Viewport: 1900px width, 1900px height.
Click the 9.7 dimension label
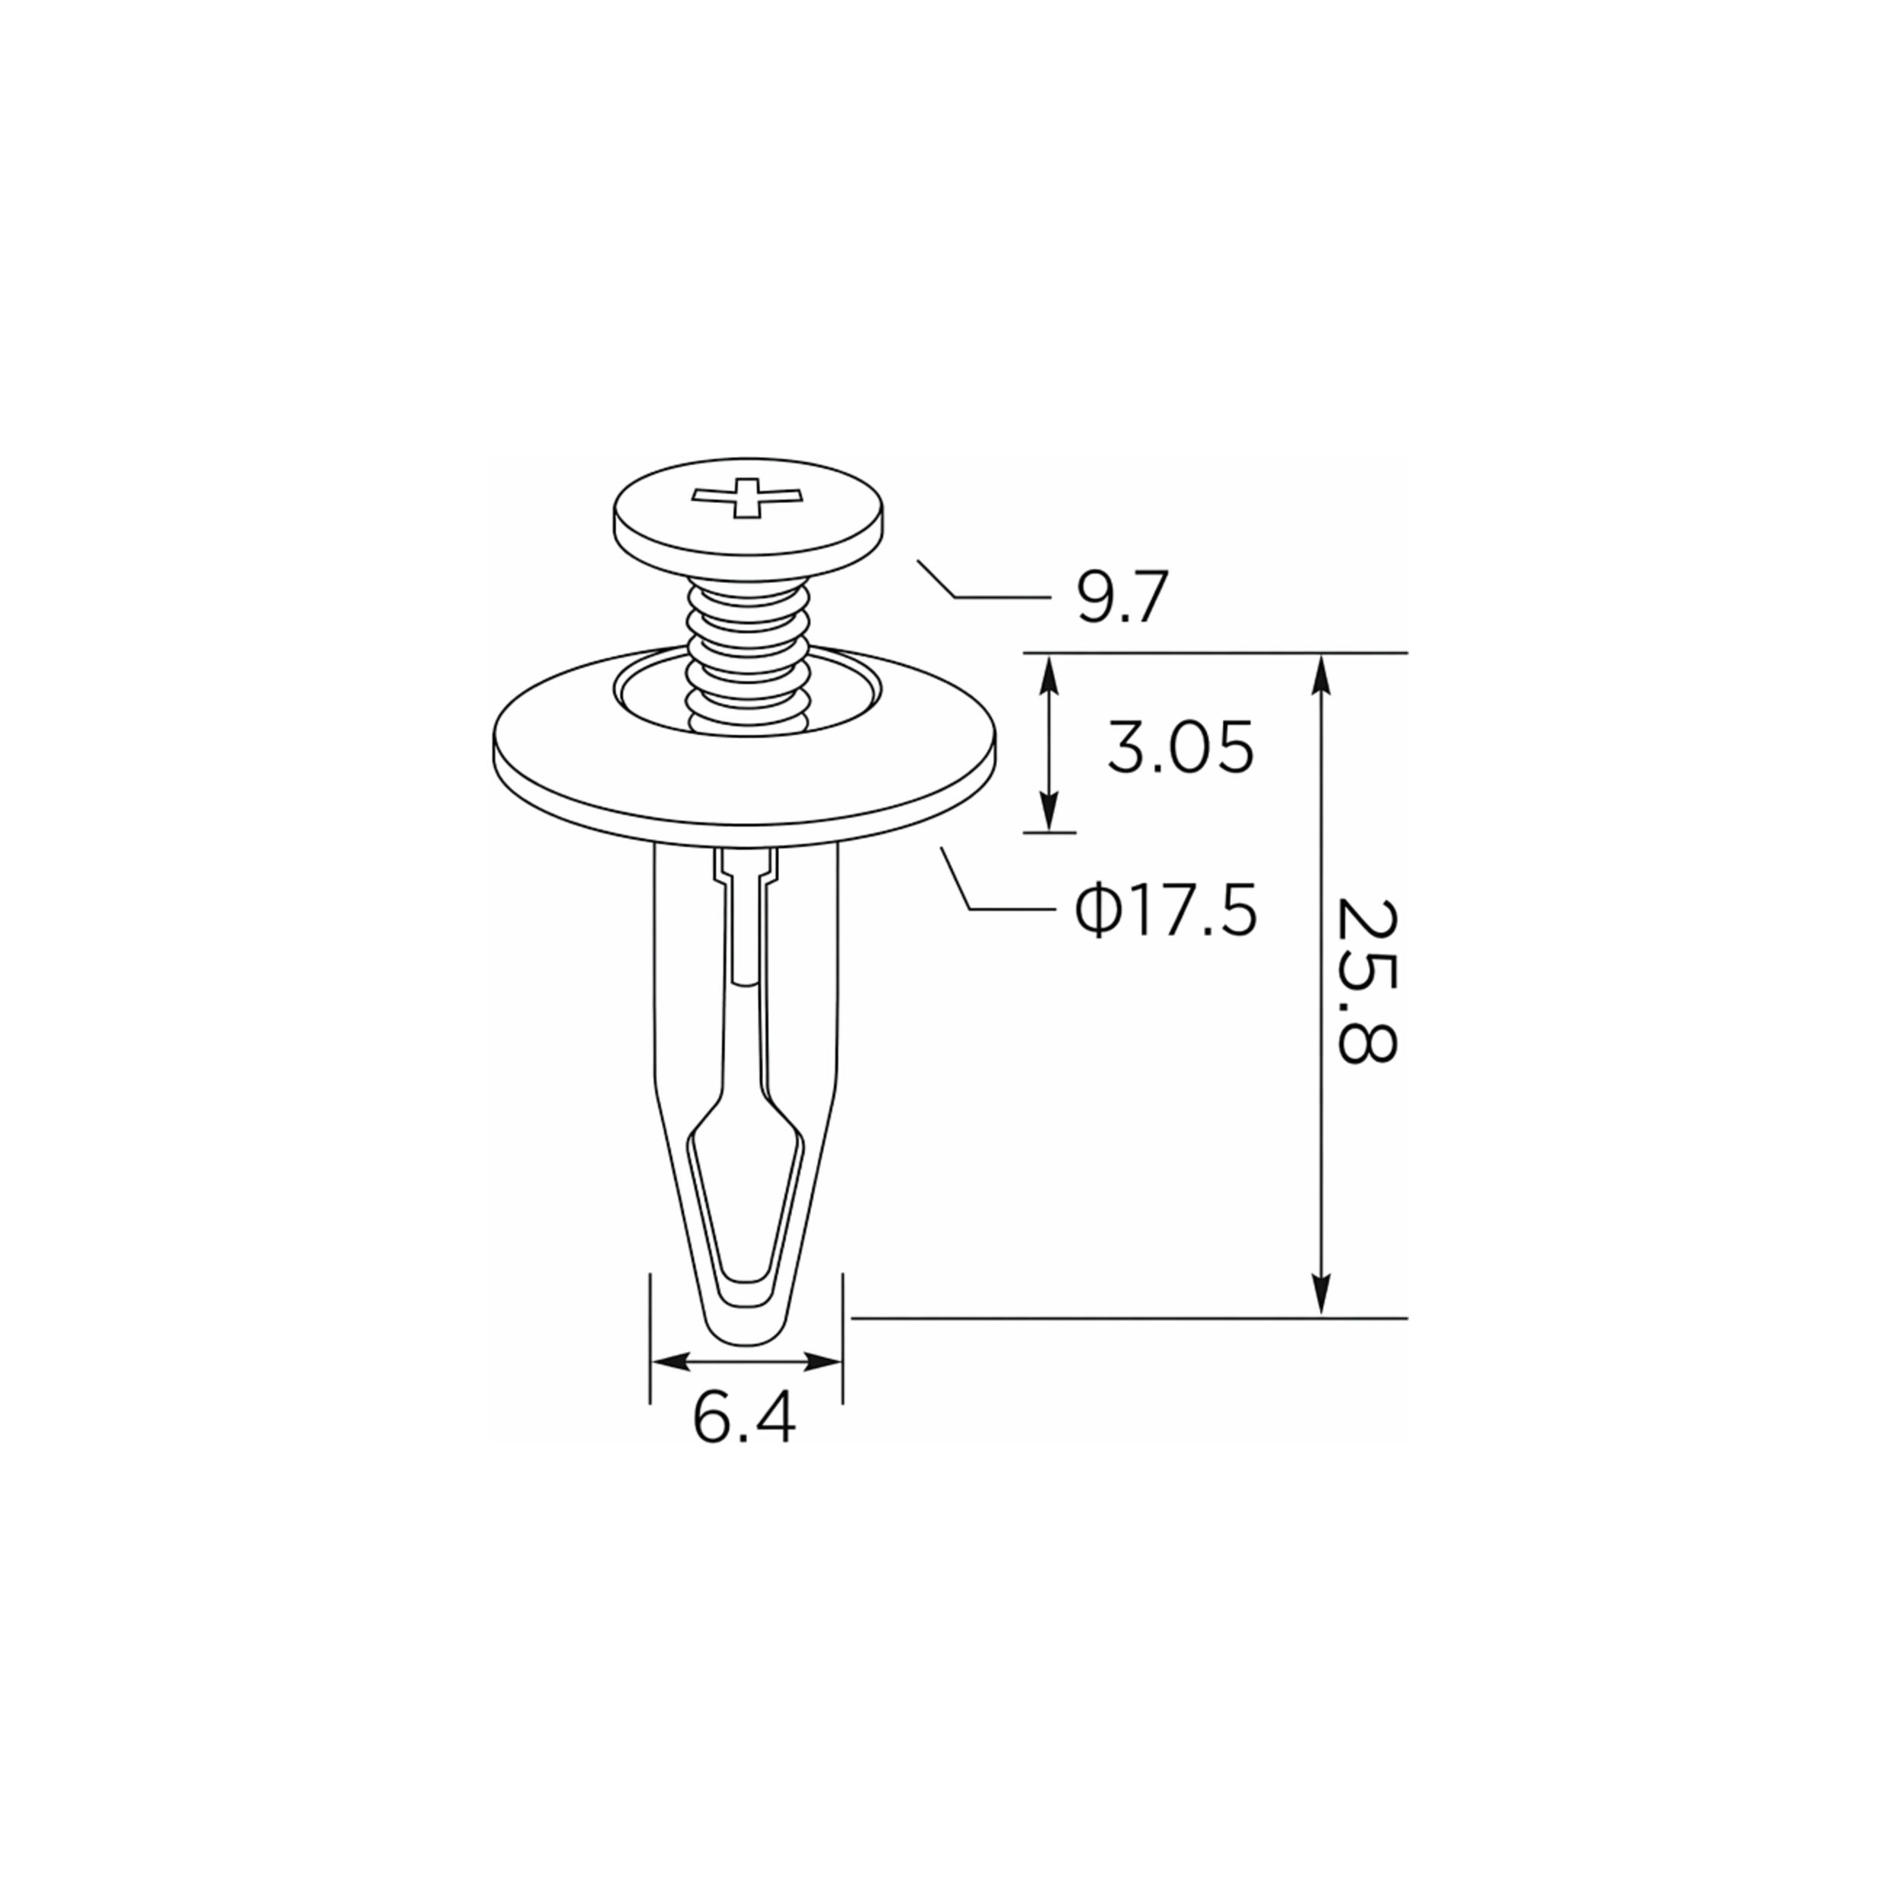[x=1122, y=597]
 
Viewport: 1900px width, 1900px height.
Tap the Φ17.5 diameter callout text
[x=1165, y=910]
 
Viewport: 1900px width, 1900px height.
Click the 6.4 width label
[x=743, y=1417]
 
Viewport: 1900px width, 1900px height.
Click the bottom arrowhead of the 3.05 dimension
[x=1050, y=810]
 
